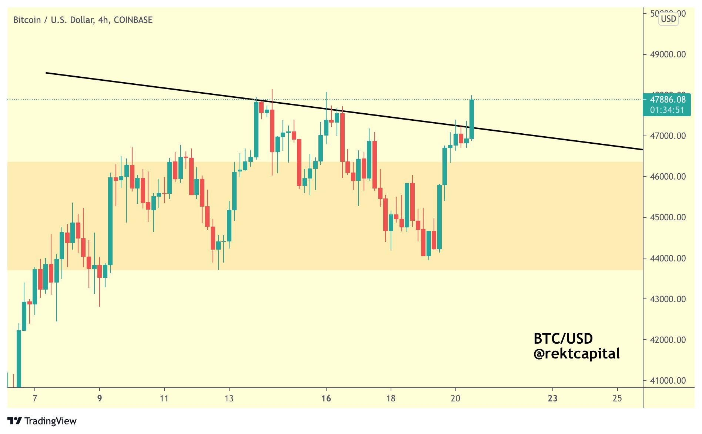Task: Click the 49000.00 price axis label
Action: point(668,54)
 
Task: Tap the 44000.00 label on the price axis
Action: point(668,258)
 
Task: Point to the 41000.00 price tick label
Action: point(668,381)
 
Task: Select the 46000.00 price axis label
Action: point(668,177)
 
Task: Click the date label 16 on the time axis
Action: point(326,398)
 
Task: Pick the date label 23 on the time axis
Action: point(552,398)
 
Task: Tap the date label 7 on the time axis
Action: point(35,398)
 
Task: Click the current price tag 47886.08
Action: point(668,100)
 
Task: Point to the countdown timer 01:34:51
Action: point(667,110)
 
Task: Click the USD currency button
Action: point(668,19)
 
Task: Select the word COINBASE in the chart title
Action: point(133,20)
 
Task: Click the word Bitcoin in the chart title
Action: point(27,20)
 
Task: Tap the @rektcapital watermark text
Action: point(576,354)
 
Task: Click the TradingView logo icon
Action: point(15,421)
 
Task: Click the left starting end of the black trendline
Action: point(47,73)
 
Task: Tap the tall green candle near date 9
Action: point(110,221)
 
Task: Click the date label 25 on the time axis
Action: point(617,398)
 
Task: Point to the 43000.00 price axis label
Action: point(668,299)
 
